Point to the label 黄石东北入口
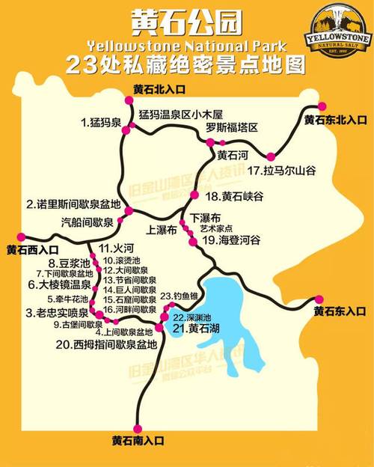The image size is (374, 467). [x=335, y=120]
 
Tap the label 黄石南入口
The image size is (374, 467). [x=137, y=439]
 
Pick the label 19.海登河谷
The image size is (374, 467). [x=231, y=240]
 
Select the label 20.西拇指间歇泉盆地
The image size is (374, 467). [x=106, y=345]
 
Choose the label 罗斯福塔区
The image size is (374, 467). [x=232, y=128]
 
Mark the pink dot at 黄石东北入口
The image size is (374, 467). [x=322, y=106]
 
